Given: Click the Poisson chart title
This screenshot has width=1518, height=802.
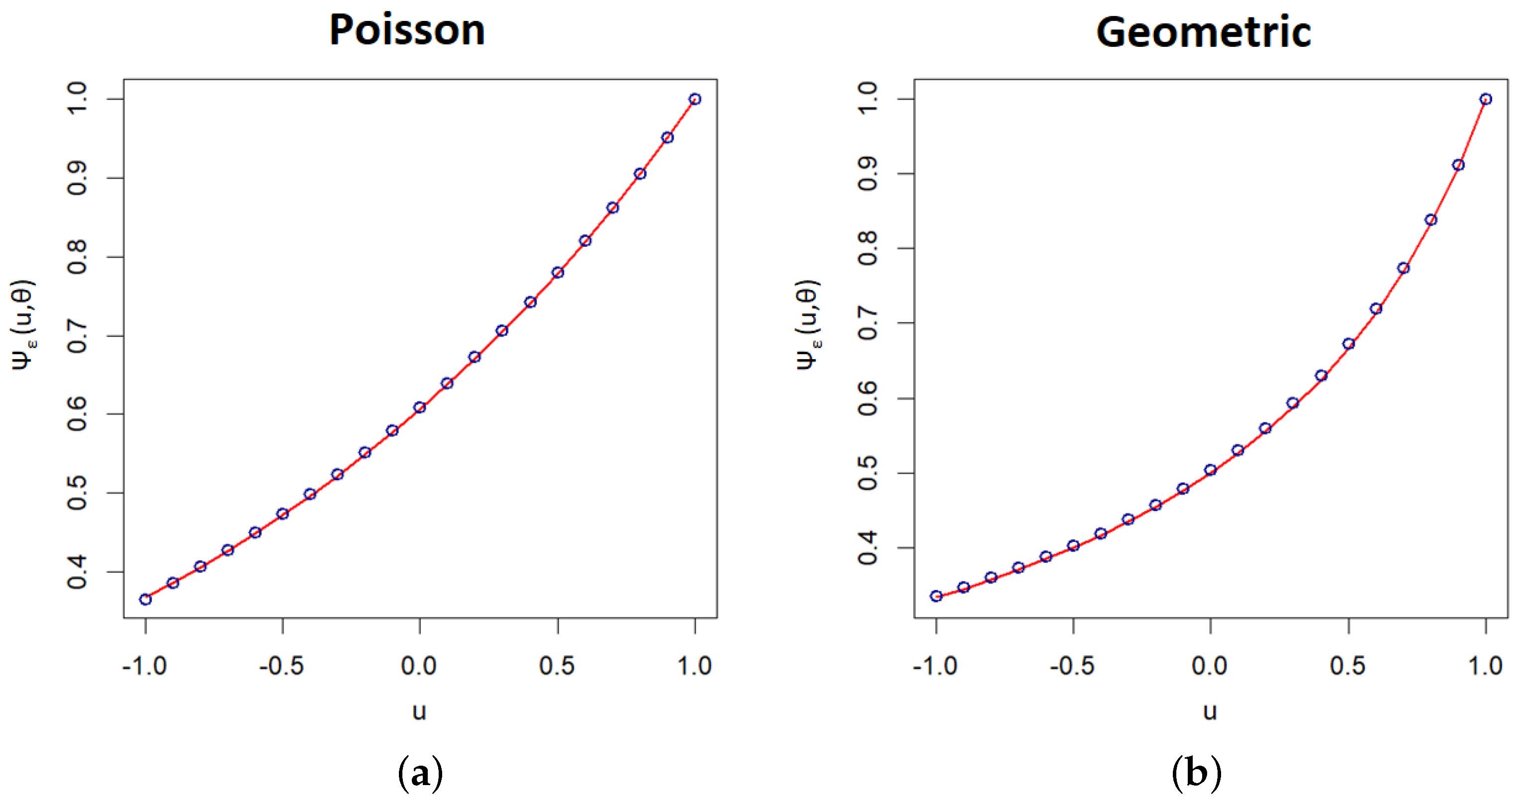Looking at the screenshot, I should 407,31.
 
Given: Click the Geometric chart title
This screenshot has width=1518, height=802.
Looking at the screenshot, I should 1203,32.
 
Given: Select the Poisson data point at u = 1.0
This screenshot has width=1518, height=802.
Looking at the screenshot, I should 695,99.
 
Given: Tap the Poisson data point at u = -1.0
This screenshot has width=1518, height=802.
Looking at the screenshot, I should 146,600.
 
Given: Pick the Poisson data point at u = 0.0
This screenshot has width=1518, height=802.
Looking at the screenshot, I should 420,407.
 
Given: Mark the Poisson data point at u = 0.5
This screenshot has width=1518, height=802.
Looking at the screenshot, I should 558,272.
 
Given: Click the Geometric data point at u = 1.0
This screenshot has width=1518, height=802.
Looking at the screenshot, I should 1486,99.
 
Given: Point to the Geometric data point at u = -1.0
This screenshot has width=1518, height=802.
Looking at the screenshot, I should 937,596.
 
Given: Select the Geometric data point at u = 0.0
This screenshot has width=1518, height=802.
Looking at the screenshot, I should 1211,470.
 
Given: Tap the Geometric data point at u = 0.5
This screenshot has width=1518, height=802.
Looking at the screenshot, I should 1348,344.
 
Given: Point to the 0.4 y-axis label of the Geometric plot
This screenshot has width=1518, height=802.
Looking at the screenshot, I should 868,548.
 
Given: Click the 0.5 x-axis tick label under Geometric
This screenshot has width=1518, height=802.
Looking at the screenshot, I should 1348,666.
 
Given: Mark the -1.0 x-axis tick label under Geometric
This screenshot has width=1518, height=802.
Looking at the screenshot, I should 935,666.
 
